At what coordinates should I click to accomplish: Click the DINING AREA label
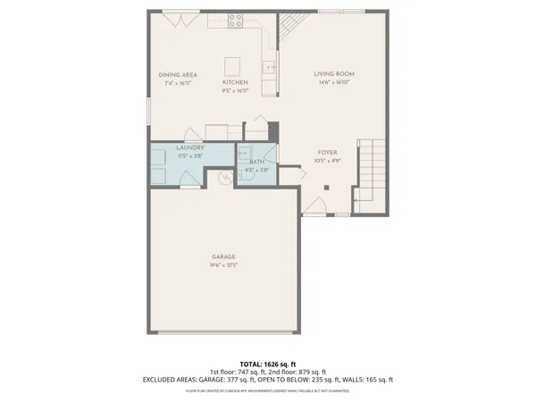[177, 74]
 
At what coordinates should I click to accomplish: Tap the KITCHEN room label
[235, 82]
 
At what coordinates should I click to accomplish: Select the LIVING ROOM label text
[335, 74]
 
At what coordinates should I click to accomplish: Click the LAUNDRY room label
[190, 147]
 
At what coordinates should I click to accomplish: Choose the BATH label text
[255, 163]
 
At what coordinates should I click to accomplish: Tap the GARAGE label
[223, 257]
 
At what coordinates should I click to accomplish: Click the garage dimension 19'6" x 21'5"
[223, 265]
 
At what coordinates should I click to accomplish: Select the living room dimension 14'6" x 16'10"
[335, 82]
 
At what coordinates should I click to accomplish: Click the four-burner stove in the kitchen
[237, 19]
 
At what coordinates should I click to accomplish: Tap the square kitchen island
[233, 65]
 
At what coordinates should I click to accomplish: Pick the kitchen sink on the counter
[270, 66]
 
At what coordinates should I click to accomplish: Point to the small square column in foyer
[327, 188]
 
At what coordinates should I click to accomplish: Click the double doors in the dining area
[176, 20]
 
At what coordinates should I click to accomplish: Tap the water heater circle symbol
[225, 177]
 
